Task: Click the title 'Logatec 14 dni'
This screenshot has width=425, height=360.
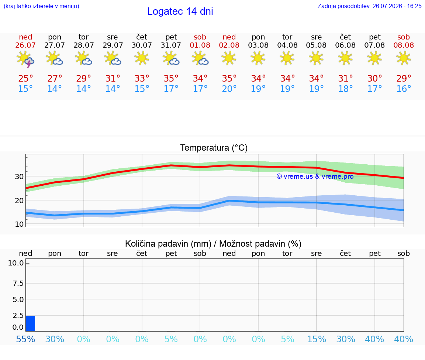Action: click(x=180, y=11)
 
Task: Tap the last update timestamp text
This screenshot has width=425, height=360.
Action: click(x=369, y=6)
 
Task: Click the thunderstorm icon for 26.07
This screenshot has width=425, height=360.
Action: click(x=25, y=59)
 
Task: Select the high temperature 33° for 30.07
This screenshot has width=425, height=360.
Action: click(x=142, y=79)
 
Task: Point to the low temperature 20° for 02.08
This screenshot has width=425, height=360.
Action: click(x=229, y=89)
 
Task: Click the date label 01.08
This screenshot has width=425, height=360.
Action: click(x=200, y=45)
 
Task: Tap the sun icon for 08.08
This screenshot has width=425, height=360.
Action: click(x=404, y=58)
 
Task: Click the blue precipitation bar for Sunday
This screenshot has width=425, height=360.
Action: click(x=31, y=323)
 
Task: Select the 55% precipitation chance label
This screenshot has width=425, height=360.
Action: click(x=25, y=339)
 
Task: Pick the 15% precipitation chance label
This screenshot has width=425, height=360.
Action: click(x=316, y=339)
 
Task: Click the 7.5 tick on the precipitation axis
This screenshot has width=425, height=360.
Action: click(x=18, y=283)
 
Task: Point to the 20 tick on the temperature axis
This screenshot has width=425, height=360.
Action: click(x=19, y=200)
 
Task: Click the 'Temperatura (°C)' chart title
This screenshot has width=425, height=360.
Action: click(x=214, y=148)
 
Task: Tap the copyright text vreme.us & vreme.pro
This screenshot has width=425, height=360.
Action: click(x=315, y=176)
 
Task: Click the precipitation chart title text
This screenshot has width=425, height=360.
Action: click(x=213, y=244)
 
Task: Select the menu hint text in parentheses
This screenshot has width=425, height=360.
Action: click(x=41, y=6)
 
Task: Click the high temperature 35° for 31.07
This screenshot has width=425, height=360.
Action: click(x=171, y=79)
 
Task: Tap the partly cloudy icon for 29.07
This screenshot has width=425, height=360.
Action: click(x=113, y=59)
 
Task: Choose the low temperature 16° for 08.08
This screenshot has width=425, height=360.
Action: click(x=404, y=89)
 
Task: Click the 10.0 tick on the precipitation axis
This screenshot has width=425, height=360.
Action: click(x=16, y=263)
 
